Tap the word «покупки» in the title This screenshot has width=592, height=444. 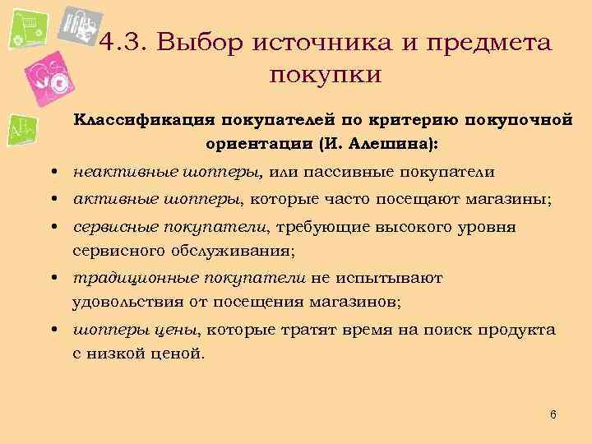pyautogui.click(x=325, y=75)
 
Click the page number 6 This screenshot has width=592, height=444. pyautogui.click(x=553, y=414)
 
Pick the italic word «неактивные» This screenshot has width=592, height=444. pyautogui.click(x=113, y=172)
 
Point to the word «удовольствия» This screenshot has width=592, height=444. pyautogui.click(x=128, y=302)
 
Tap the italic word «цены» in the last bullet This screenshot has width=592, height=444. pyautogui.click(x=173, y=331)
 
